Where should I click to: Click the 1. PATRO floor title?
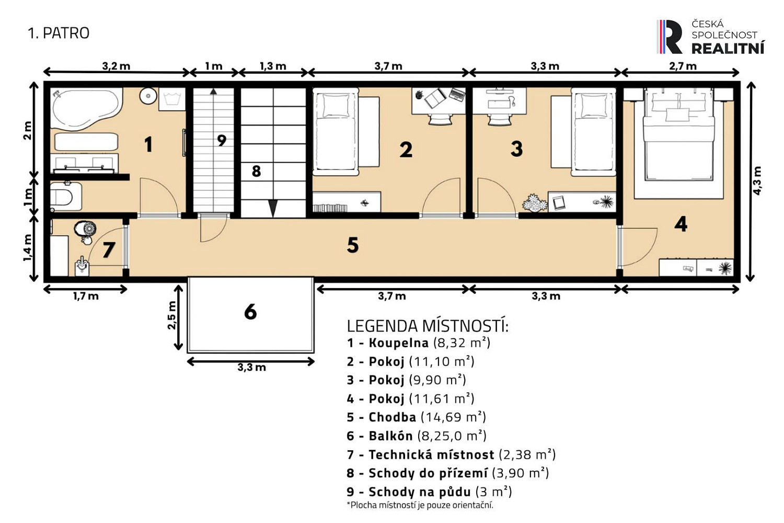[59, 33]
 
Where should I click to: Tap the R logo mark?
[670, 37]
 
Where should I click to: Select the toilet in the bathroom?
[65, 196]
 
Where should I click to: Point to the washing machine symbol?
[172, 99]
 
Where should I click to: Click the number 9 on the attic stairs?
[222, 141]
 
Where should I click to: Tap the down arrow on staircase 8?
[273, 208]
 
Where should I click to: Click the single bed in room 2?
[336, 132]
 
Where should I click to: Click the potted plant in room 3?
[535, 203]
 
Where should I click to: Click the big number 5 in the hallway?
[353, 245]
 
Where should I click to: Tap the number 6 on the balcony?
[250, 311]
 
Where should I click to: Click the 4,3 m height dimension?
[757, 180]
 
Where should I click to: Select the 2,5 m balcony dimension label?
[171, 315]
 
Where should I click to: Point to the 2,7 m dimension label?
[683, 66]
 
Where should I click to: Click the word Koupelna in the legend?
[399, 343]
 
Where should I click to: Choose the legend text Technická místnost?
[432, 454]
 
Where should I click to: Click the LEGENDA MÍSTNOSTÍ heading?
[428, 326]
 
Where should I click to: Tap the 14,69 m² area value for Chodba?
[453, 417]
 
